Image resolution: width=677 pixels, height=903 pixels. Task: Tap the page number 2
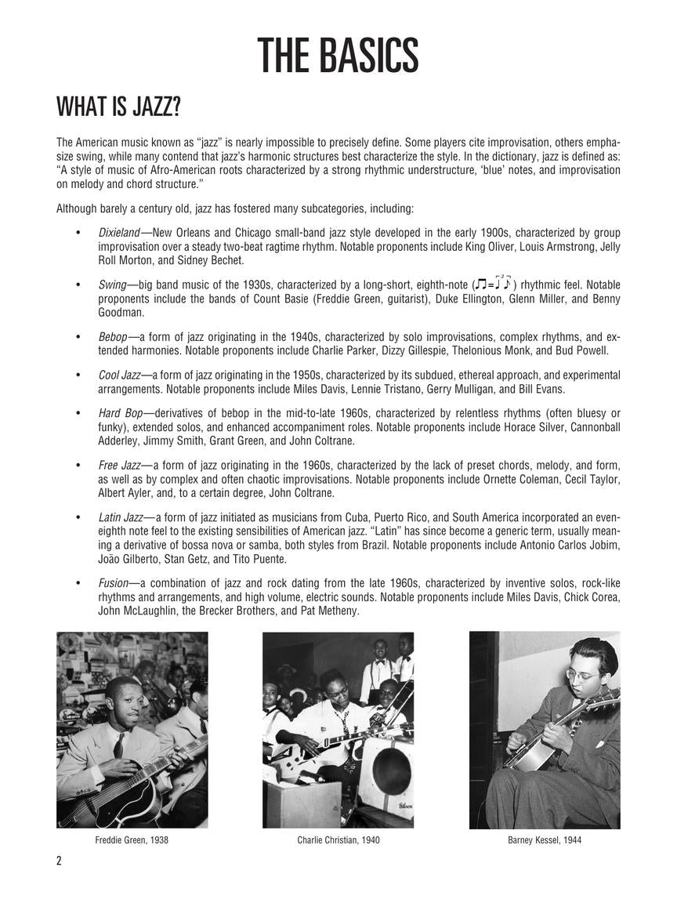point(59,861)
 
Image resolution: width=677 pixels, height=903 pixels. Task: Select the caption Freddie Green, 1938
point(132,840)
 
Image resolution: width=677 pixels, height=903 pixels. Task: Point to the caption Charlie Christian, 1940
point(338,840)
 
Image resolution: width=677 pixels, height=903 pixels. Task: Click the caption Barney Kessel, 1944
point(545,840)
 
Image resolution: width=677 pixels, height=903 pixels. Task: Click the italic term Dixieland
point(119,233)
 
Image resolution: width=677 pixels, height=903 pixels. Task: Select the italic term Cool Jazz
point(119,375)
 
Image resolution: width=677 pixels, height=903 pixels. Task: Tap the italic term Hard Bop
point(121,413)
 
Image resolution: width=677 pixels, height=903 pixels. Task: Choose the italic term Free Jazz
point(119,465)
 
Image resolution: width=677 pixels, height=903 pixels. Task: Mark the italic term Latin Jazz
point(121,517)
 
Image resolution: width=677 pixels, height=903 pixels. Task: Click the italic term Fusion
point(113,583)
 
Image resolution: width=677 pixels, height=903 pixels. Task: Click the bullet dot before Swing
point(78,285)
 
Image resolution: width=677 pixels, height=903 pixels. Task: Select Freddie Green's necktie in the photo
point(118,744)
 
